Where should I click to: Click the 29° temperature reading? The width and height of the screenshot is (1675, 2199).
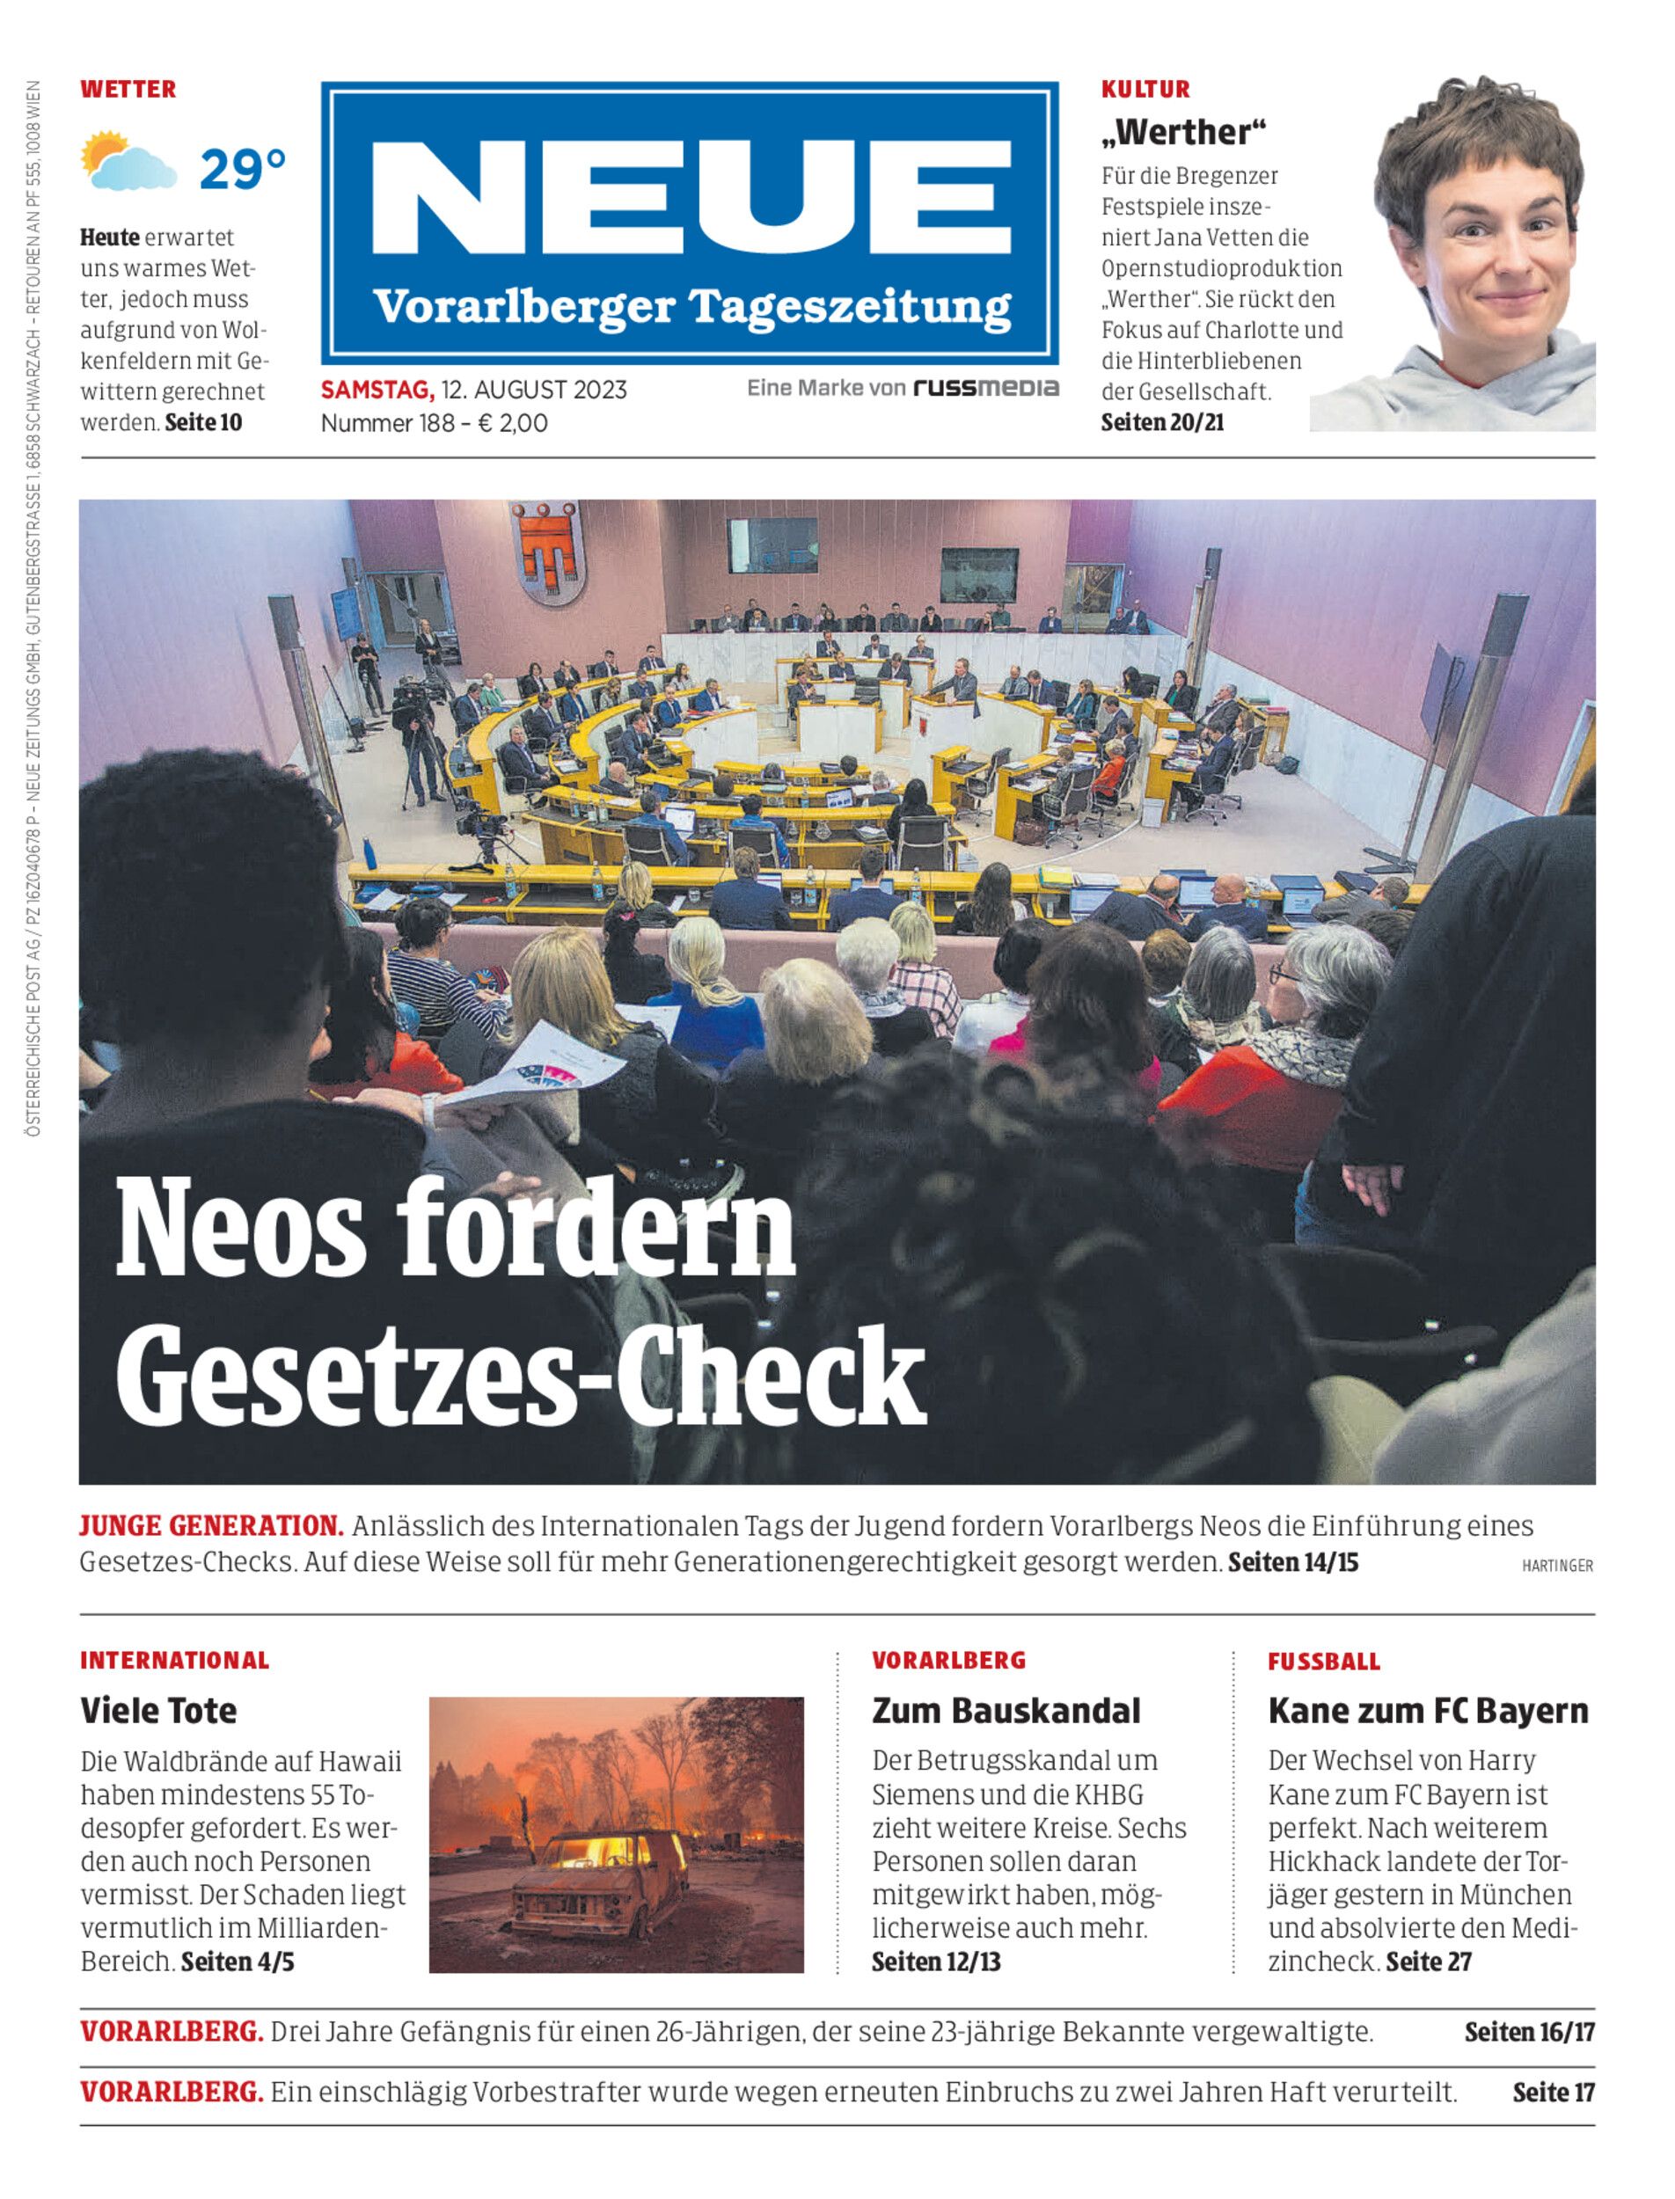click(242, 170)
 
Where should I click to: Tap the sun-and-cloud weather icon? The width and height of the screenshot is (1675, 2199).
click(128, 162)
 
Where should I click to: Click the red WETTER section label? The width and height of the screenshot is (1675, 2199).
click(128, 89)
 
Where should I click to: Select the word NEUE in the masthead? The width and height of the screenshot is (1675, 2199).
click(691, 201)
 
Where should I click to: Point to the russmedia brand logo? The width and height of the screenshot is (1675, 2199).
click(986, 388)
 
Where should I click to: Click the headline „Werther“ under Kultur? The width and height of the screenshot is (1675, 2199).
click(1182, 133)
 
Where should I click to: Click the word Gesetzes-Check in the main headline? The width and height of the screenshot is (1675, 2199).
click(521, 1377)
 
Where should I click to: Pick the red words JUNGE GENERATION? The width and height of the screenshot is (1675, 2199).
click(211, 1526)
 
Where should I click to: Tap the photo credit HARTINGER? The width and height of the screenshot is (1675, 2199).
click(1556, 1566)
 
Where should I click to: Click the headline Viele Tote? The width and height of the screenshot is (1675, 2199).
click(158, 1711)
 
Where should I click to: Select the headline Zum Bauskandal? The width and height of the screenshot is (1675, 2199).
click(1005, 1711)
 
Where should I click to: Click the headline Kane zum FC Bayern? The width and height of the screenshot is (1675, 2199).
click(1428, 1711)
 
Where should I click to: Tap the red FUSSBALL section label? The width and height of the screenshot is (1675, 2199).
click(1324, 1662)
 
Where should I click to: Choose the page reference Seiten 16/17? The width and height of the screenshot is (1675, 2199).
click(1528, 2032)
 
